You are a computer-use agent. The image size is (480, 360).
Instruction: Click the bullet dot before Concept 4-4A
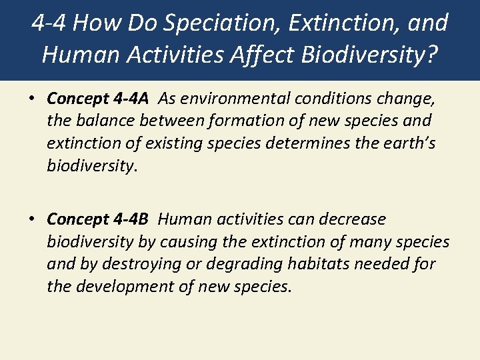pyautogui.click(x=32, y=99)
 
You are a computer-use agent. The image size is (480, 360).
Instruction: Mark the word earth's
pyautogui.click(x=409, y=144)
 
